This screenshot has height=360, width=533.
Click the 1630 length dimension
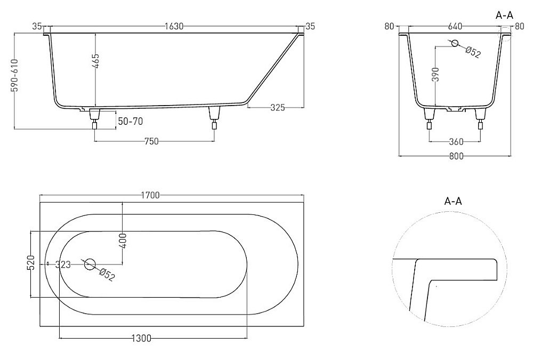pos(174,26)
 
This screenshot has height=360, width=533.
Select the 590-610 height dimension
pos(14,76)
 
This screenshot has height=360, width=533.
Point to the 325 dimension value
pos(277,108)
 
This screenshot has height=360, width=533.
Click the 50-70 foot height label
pos(130,121)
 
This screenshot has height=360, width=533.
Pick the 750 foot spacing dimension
pos(151,141)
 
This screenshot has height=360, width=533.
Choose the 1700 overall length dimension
pos(150,195)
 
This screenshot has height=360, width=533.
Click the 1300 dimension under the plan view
pos(141,338)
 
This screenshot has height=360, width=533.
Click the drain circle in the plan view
pos(90,264)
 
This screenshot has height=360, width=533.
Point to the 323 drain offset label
pos(63,265)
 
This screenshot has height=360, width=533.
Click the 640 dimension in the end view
pos(455,26)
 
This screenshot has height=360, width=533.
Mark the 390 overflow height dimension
pos(437,74)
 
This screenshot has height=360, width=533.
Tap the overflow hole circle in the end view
pos(455,43)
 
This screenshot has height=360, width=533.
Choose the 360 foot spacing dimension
pos(456,141)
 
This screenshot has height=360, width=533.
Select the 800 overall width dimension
pos(456,156)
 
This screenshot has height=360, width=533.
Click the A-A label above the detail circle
pos(453,201)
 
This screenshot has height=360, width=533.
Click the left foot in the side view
pos(94,119)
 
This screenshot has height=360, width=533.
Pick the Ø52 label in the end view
pos(473,53)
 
